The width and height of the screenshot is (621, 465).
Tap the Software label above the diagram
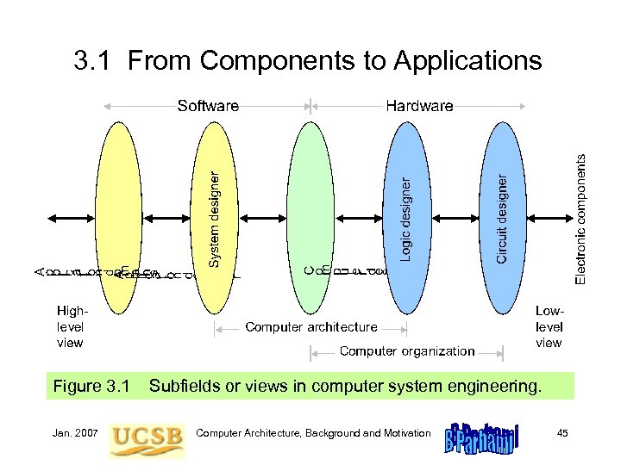click(208, 106)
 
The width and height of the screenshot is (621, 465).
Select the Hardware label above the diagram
click(419, 106)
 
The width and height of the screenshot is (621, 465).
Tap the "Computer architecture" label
click(311, 327)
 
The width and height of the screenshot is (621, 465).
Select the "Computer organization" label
click(407, 350)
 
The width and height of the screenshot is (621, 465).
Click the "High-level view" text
click(70, 326)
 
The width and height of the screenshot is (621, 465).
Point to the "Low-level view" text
click(549, 326)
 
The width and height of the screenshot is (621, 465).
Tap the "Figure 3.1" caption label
click(91, 387)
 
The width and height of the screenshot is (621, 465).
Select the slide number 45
click(562, 432)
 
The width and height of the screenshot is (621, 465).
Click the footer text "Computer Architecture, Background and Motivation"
click(313, 432)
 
